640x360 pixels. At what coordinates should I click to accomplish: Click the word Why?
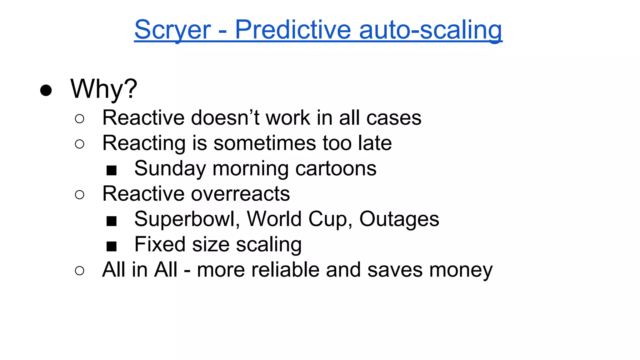coord(104,89)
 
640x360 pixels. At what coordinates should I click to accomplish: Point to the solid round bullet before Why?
coord(46,90)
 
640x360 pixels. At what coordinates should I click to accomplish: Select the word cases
coord(394,118)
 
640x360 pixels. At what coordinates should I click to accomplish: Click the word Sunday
coord(170,169)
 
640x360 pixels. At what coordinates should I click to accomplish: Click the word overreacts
coord(240,194)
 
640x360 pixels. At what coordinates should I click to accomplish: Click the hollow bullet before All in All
coord(80,271)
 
